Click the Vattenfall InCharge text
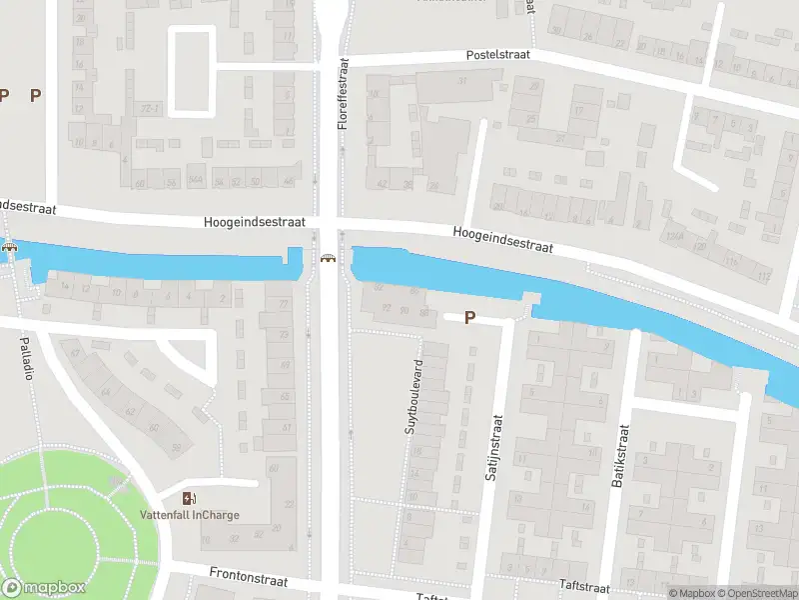pos(189,516)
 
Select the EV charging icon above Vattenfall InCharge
pos(189,498)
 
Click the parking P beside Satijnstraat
pos(468,318)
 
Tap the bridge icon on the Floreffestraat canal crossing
pos(328,260)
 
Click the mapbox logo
pos(43,588)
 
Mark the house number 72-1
pos(150,106)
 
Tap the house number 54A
pos(196,181)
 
